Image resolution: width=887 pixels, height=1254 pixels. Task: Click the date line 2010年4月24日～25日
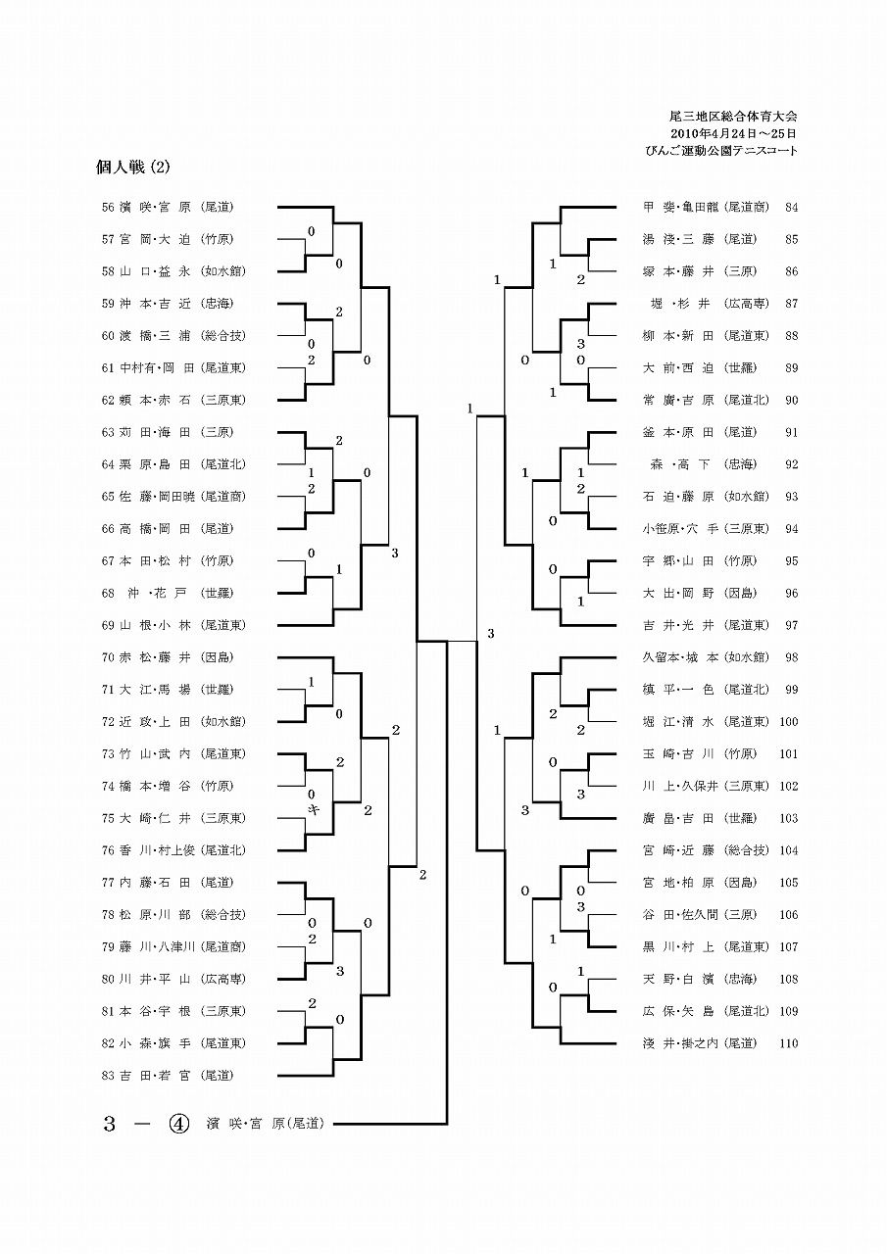coord(733,134)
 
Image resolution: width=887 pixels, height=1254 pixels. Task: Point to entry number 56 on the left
coord(108,208)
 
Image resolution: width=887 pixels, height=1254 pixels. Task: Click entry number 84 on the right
coord(792,208)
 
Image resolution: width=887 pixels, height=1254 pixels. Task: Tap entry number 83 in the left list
coord(108,1076)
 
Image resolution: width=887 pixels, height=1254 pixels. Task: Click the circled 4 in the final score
coord(178,1124)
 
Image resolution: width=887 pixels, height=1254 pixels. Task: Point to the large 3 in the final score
coord(110,1124)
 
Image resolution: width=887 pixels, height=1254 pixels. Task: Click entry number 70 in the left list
coord(108,657)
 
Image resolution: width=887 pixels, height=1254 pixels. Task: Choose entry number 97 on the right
coord(792,625)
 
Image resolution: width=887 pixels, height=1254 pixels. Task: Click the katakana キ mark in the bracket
coord(314,810)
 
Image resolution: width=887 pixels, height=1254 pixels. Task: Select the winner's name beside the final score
coord(266,1124)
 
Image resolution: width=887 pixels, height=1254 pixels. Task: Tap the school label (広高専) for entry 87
coord(747,304)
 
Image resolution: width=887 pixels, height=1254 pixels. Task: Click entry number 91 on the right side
coord(792,432)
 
